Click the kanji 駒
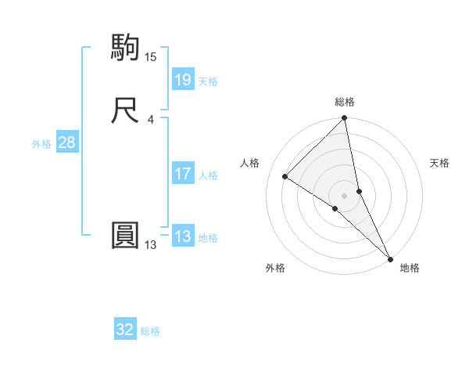click(126, 47)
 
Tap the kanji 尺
click(126, 110)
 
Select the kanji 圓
click(126, 236)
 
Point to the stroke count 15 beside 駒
click(150, 56)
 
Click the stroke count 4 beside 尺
click(150, 119)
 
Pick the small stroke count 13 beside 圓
click(150, 245)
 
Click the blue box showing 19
click(182, 79)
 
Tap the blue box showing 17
click(182, 174)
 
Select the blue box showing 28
click(66, 143)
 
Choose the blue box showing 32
click(125, 330)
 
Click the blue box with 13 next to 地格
click(182, 236)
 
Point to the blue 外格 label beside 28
click(41, 144)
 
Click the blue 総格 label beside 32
click(150, 331)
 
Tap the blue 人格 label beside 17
click(208, 175)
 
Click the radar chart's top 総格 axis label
click(345, 102)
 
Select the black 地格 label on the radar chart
click(410, 268)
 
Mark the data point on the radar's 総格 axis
click(345, 119)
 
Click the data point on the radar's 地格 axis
click(389, 258)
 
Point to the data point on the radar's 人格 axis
click(285, 177)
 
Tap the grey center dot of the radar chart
click(345, 195)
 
